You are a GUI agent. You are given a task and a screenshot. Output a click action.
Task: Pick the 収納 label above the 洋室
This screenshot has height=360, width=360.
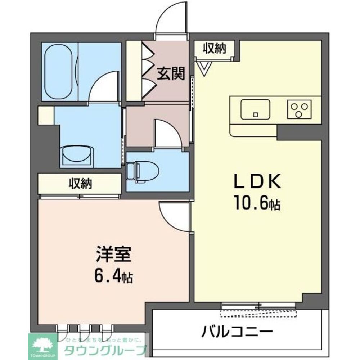point(80,184)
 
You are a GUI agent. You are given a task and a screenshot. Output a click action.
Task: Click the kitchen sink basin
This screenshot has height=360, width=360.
point(255,108)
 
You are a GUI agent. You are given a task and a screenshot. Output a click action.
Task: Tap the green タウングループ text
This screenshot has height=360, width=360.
point(104,349)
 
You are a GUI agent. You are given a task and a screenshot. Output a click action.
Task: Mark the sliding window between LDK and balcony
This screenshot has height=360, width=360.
point(258,306)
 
